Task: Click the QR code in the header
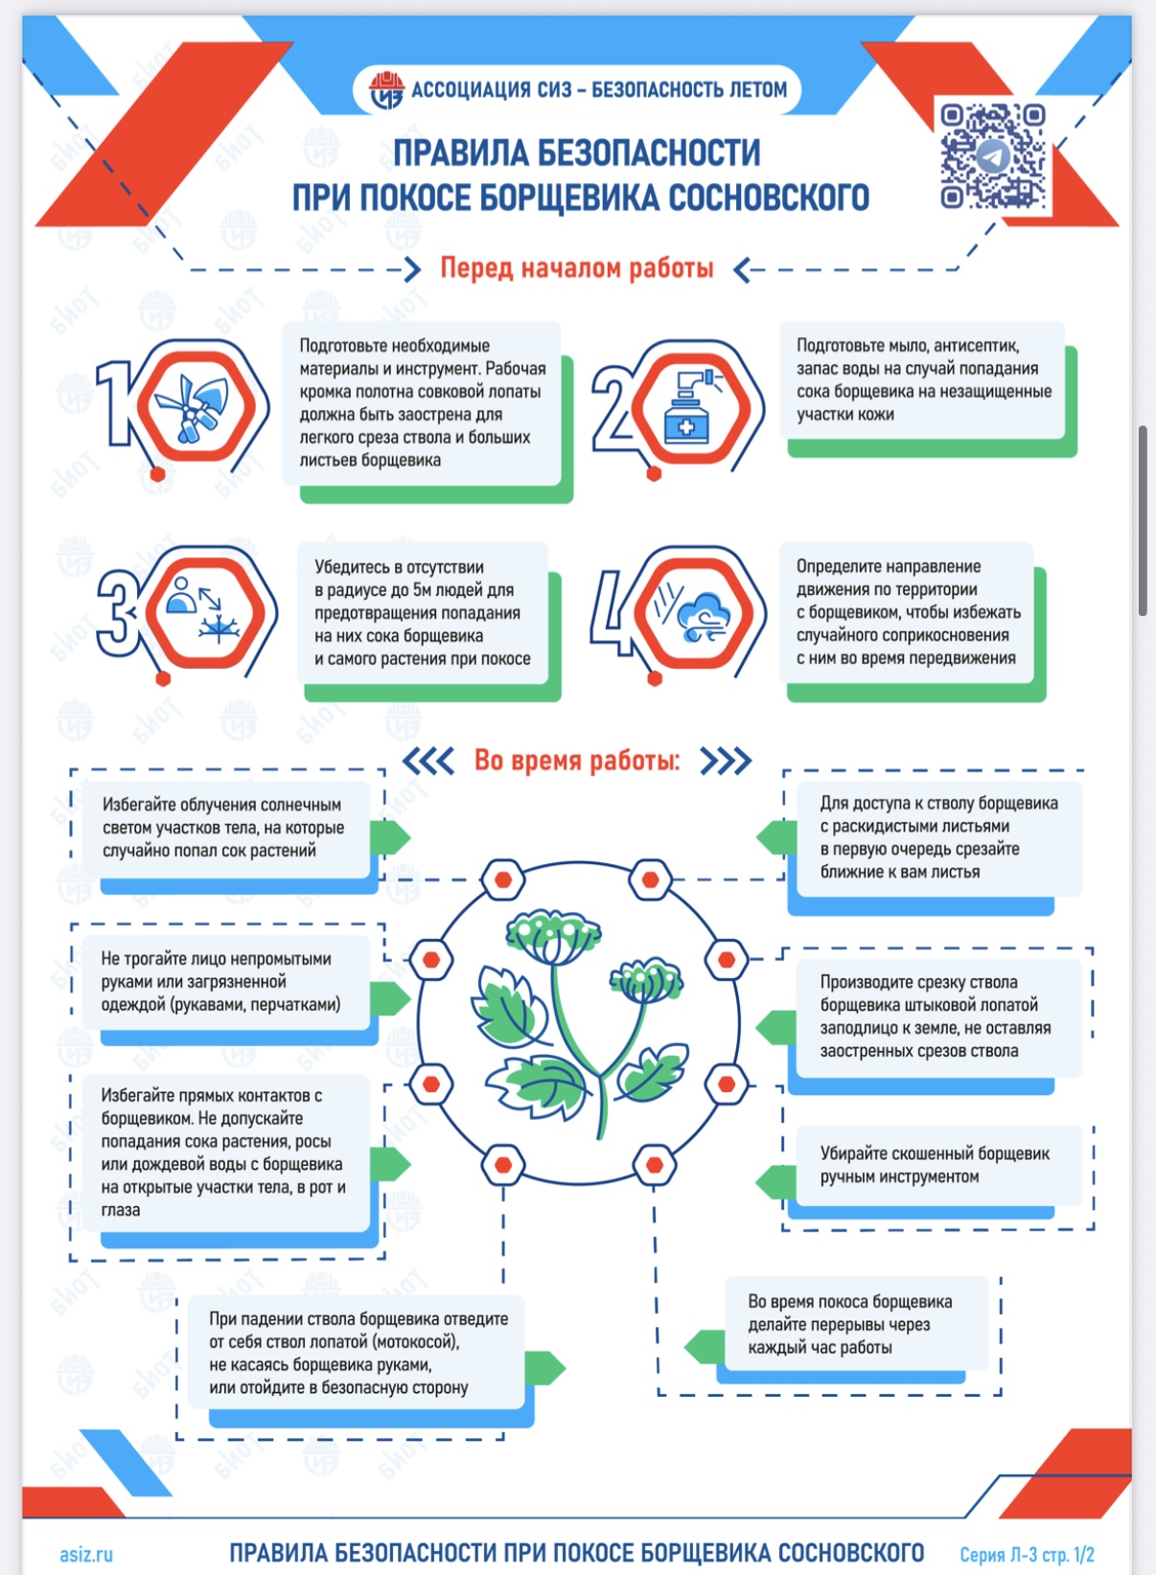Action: coord(992,156)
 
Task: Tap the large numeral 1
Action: coord(114,403)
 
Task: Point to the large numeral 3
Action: coord(121,612)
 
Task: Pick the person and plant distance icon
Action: coord(204,609)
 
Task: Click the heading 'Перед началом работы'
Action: coord(577,268)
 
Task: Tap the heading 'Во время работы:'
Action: coord(577,760)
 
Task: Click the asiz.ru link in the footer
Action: coord(86,1554)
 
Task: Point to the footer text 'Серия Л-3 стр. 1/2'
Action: coord(1027,1554)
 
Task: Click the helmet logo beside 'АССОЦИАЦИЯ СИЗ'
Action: coord(387,90)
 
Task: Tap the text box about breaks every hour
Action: coord(856,1325)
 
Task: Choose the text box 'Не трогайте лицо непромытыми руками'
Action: coord(226,982)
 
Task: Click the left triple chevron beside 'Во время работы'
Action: coord(428,761)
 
